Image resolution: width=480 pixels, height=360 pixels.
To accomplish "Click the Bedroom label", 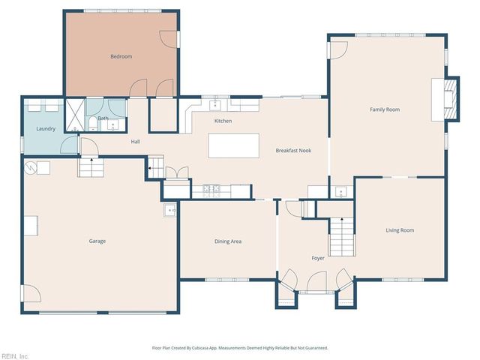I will [121, 56].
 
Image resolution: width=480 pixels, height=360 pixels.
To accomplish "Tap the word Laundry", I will [46, 129].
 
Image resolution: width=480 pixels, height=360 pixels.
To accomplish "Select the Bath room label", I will [103, 118].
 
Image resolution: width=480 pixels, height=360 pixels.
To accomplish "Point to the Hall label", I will [135, 142].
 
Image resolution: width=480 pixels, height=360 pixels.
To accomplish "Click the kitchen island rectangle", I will [233, 145].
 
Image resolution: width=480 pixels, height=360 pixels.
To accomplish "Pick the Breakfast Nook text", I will [293, 151].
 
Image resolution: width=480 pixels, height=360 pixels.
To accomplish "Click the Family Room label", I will [384, 109].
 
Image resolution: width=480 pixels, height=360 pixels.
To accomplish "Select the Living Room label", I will [400, 230].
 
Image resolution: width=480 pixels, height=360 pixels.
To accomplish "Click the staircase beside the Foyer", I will [341, 235].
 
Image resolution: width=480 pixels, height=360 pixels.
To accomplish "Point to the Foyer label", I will [318, 258].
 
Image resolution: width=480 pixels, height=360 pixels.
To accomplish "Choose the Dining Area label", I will [228, 241].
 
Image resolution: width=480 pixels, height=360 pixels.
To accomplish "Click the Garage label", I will [97, 241].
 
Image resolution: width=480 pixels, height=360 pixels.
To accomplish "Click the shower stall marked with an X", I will [76, 109].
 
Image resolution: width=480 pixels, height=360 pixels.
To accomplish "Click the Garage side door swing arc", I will [31, 295].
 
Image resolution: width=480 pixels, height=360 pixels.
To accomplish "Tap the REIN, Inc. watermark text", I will [14, 355].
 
